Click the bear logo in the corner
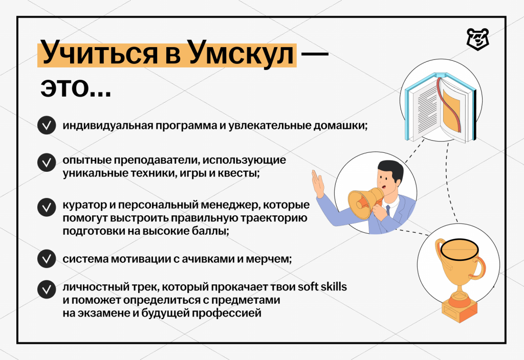(x=477, y=39)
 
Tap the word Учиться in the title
(x=99, y=53)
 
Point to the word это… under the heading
(x=76, y=87)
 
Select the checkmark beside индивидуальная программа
(x=47, y=125)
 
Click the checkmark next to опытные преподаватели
(x=47, y=162)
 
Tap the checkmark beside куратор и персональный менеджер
(x=47, y=208)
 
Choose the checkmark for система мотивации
(x=47, y=258)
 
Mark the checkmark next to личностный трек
(x=47, y=289)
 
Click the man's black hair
(x=391, y=170)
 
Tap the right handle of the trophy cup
(x=478, y=267)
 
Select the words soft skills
(x=322, y=286)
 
